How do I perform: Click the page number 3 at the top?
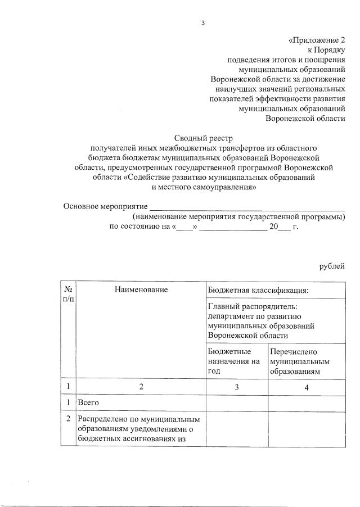204,22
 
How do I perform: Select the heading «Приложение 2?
316,40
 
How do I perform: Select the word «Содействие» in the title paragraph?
151,177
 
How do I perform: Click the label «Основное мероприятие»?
105,206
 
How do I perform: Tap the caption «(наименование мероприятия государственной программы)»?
238,216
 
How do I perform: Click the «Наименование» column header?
141,289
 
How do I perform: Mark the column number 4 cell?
307,387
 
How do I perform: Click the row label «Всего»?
88,403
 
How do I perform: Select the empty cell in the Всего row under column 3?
237,403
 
